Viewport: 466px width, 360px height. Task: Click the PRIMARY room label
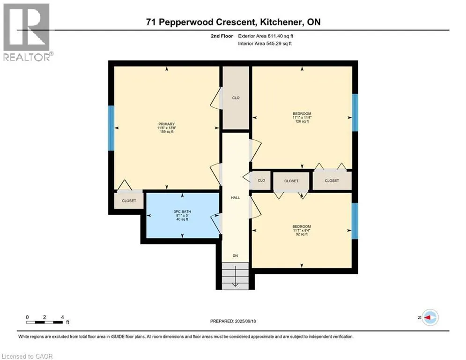coord(166,124)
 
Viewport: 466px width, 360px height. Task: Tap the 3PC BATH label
coord(182,211)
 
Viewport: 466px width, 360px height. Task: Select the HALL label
coord(236,197)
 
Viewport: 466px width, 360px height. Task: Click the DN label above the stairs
coord(235,255)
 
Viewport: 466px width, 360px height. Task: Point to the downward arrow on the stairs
coord(235,276)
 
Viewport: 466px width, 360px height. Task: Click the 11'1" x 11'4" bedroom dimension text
coord(302,118)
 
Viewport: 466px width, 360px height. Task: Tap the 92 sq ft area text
coord(302,234)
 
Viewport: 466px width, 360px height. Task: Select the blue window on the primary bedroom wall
coord(111,128)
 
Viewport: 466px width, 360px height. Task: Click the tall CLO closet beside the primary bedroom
coord(236,98)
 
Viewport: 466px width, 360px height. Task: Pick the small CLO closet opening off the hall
coord(261,180)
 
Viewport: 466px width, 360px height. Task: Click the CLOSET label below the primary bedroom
coord(129,201)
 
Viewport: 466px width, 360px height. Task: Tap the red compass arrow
coord(428,317)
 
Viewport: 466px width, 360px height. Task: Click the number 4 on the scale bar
coord(62,317)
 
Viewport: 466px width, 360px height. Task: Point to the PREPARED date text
coord(233,321)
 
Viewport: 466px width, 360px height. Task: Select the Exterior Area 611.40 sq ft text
coord(266,36)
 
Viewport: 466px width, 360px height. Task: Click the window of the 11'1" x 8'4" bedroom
coord(355,221)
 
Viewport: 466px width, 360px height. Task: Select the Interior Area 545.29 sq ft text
coord(265,44)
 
